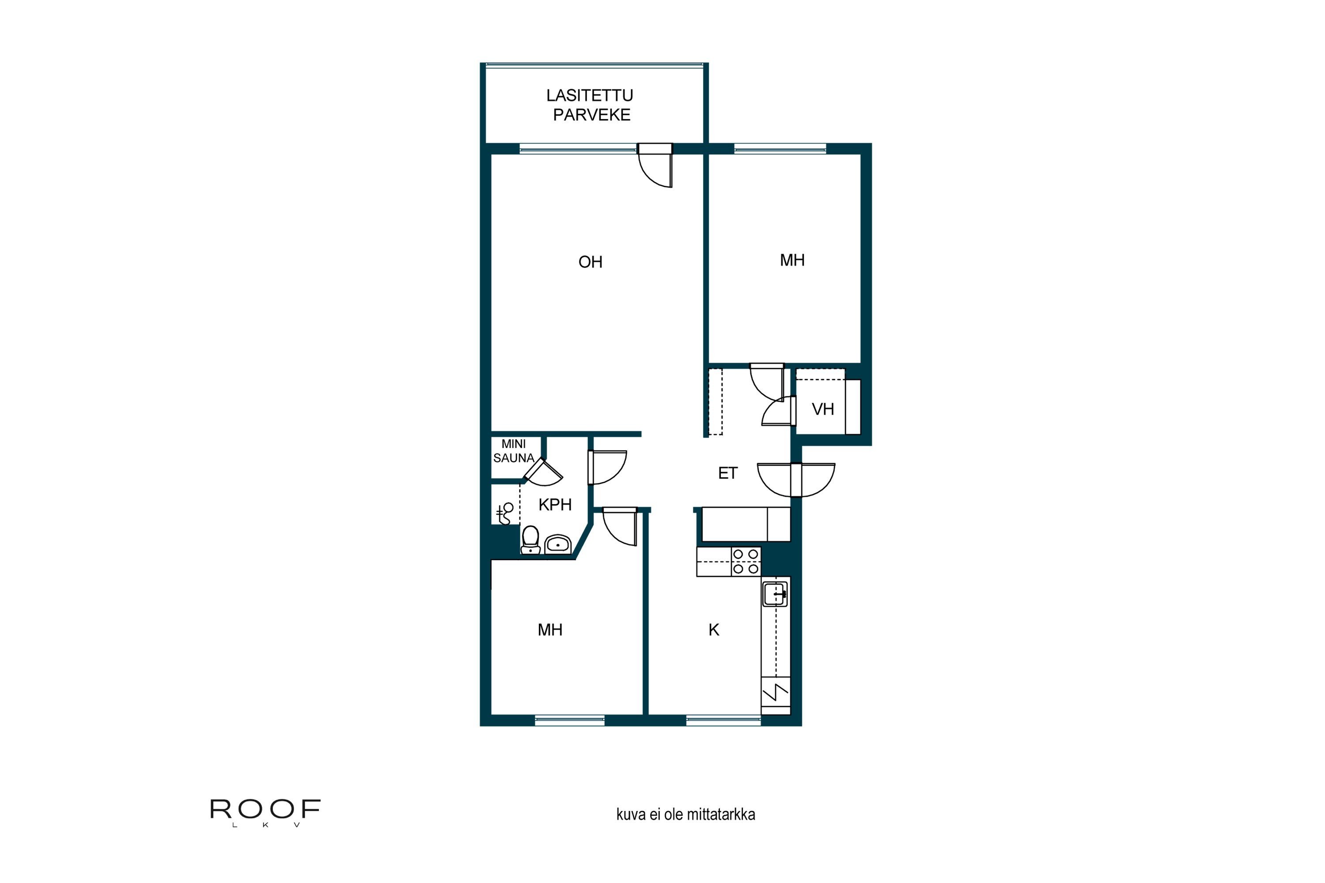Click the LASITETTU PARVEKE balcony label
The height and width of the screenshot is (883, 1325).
(x=590, y=106)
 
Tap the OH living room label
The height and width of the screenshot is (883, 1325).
(x=591, y=262)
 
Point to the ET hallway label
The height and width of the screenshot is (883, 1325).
(x=727, y=473)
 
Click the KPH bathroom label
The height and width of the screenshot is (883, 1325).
(x=555, y=505)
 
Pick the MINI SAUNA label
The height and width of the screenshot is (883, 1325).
(x=513, y=451)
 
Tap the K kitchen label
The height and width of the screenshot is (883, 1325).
(x=714, y=630)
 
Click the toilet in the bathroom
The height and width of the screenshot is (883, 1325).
(x=530, y=540)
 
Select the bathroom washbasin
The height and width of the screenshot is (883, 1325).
(x=558, y=544)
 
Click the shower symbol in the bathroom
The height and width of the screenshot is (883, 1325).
(x=505, y=513)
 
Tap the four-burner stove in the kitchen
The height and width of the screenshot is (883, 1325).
(x=746, y=562)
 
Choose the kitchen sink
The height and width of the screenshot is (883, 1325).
(x=775, y=594)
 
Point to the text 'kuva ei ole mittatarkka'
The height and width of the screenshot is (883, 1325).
(x=685, y=814)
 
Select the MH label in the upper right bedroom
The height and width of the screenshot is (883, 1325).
(x=792, y=260)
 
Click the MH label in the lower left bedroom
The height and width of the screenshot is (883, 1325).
(x=550, y=630)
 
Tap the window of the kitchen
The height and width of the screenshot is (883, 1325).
(x=723, y=720)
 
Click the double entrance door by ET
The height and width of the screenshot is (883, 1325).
(x=796, y=480)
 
